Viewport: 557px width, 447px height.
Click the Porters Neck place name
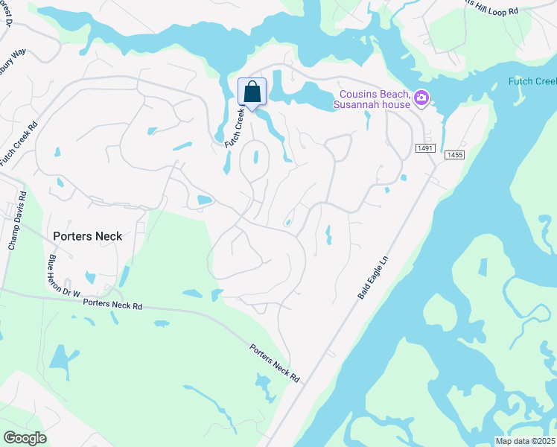87,235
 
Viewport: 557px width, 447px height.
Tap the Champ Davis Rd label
16,223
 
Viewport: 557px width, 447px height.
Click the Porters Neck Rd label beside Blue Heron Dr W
112,303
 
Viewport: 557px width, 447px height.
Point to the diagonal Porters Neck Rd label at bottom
274,364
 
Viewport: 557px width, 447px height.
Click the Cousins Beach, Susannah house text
375,99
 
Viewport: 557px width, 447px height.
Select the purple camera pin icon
421,98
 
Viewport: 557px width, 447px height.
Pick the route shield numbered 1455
454,155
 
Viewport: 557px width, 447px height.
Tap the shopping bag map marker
252,93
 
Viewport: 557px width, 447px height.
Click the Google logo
25,438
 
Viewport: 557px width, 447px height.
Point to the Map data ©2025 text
526,441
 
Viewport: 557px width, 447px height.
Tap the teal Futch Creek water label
532,81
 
